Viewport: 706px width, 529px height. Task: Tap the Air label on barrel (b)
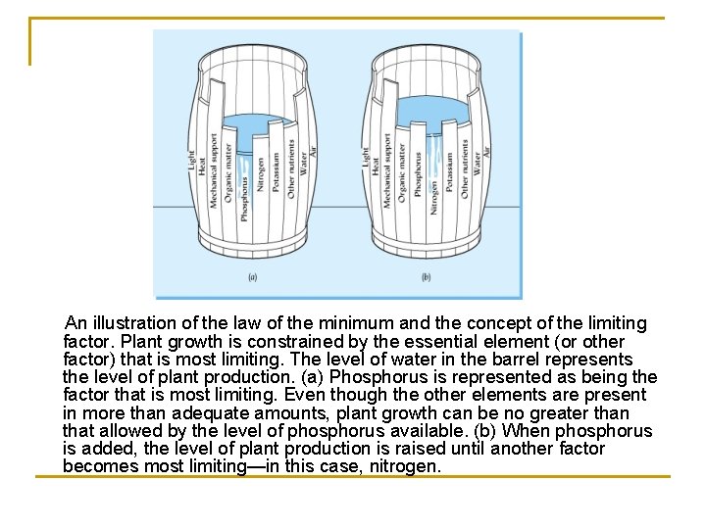coord(487,152)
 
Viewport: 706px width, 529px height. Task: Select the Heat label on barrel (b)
coord(375,166)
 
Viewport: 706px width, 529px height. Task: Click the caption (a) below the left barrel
coord(253,277)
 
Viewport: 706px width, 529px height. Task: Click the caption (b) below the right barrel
coord(427,277)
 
